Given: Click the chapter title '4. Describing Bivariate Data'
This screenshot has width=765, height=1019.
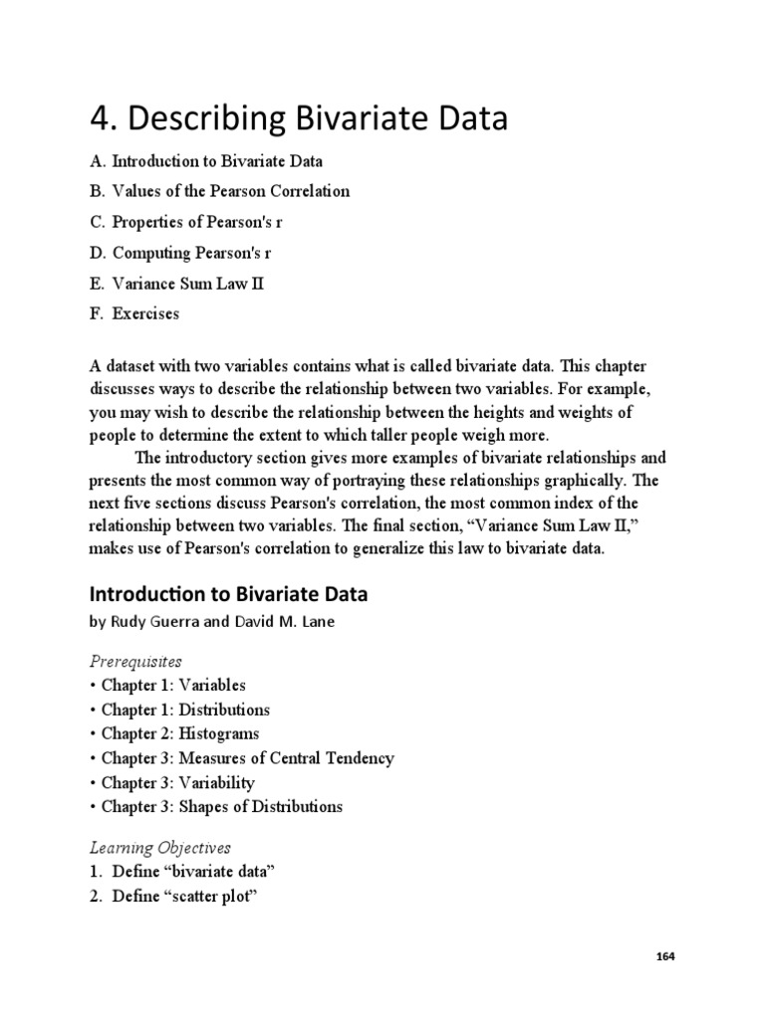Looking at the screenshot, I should point(299,119).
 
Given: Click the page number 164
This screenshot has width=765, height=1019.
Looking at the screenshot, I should point(665,956).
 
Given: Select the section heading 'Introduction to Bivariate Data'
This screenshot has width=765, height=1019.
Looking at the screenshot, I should point(229,595).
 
